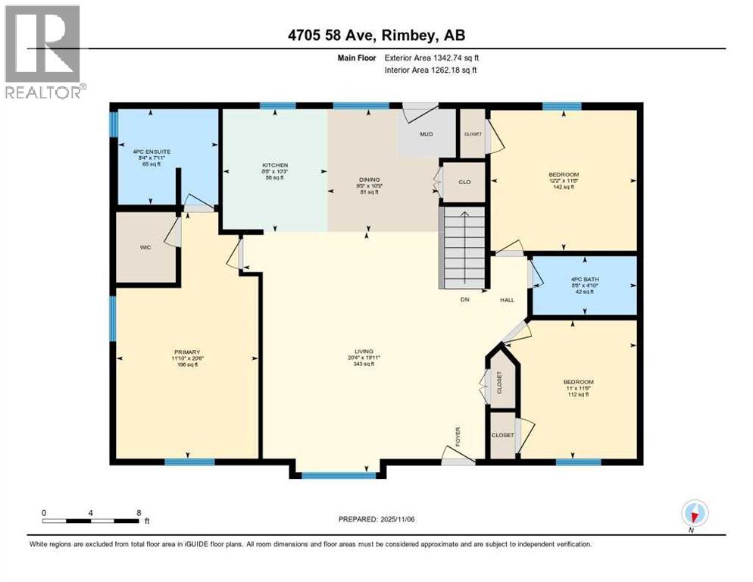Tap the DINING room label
click(367, 179)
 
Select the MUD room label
click(426, 135)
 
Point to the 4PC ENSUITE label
click(151, 152)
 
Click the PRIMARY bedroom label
click(186, 352)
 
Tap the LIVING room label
click(366, 352)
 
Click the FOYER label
click(458, 437)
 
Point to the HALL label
click(507, 299)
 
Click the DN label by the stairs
click(466, 299)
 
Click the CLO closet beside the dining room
click(464, 182)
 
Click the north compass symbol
click(693, 514)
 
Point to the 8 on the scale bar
click(139, 512)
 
